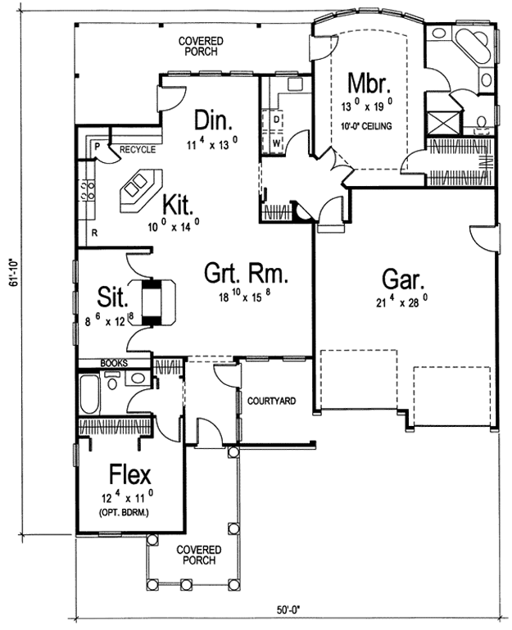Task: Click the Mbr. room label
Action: coord(369,84)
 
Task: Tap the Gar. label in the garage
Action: coord(403,279)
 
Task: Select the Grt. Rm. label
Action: coord(246,273)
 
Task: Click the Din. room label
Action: coord(213,120)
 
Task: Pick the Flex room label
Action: coord(129,474)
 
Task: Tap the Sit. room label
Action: coord(112,297)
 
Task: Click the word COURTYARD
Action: coord(272,401)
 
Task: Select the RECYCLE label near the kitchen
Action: coord(138,149)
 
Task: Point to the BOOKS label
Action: coord(114,363)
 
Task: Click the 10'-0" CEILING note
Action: coord(366,126)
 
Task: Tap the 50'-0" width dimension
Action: coord(289,610)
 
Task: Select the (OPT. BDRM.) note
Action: coord(123,513)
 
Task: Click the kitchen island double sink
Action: coord(135,185)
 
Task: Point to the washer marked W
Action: coord(277,143)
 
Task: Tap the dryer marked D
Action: coord(277,120)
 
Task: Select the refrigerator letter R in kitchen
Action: coord(94,233)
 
